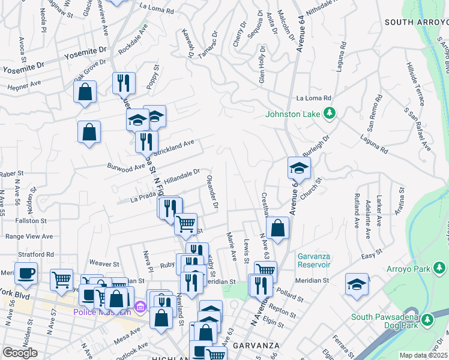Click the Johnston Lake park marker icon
(329, 112)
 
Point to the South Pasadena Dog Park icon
(427, 320)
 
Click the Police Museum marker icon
(140, 308)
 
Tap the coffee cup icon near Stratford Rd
(26, 274)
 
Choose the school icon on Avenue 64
(298, 169)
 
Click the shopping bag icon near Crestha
(278, 228)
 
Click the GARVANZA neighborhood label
(256, 346)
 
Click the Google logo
(20, 353)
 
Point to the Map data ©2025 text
(424, 355)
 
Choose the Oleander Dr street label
(211, 192)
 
